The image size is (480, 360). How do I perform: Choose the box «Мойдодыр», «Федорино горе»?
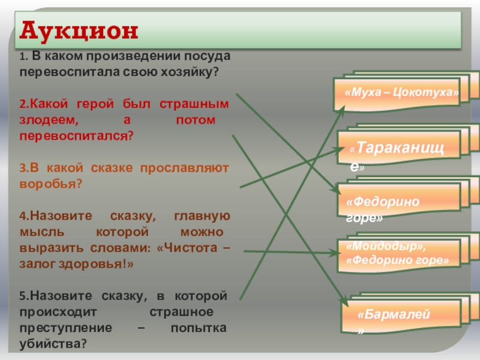coord(397,254)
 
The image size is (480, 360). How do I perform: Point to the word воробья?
coord(47,184)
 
